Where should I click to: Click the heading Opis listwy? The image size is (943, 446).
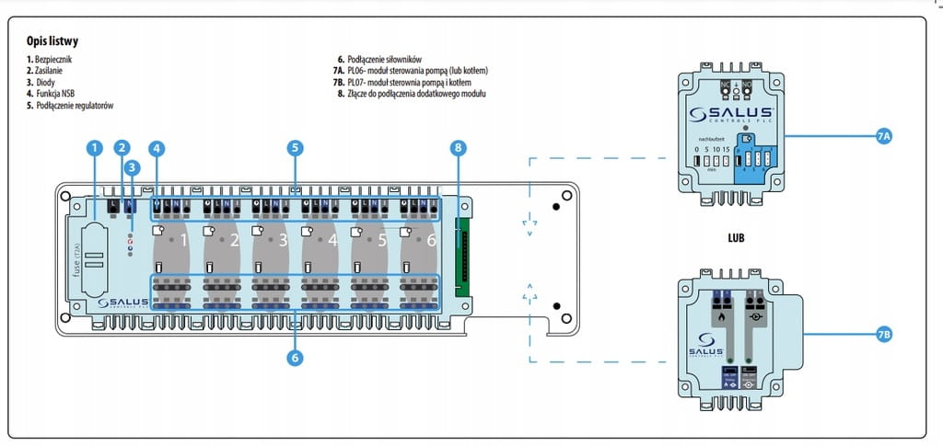point(52,41)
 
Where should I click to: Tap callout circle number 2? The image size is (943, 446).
point(122,146)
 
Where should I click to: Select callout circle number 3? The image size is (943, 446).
point(133,166)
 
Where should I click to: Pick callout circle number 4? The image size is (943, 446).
point(157,146)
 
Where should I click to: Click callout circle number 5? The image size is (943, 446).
point(295,146)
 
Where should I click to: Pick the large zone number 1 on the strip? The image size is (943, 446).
point(183,240)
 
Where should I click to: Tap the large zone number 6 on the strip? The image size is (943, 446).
point(430,240)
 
